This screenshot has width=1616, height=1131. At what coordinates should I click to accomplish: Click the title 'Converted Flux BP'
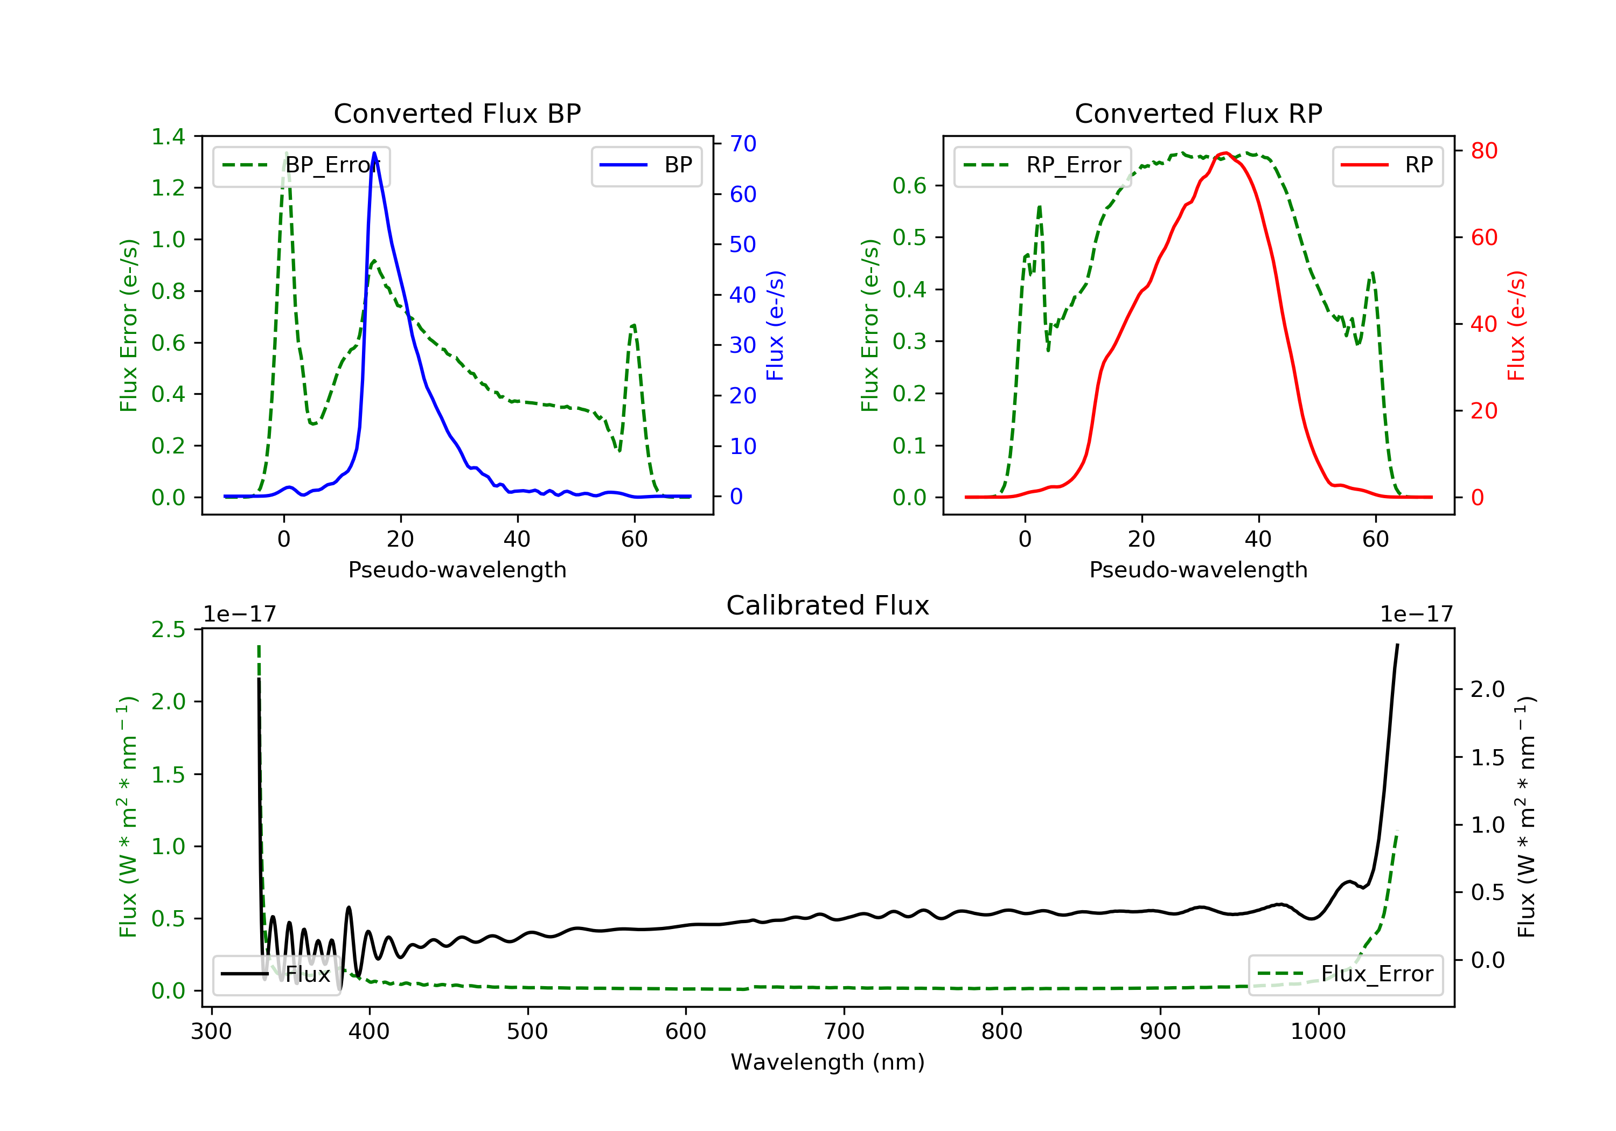457,113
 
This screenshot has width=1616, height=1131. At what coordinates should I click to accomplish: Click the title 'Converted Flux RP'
1198,113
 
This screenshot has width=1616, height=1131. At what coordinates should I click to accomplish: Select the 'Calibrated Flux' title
828,605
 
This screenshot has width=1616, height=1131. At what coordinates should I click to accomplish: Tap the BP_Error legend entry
301,165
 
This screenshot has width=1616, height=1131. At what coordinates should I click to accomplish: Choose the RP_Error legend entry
1042,165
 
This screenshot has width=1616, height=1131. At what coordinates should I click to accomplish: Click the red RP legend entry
1387,165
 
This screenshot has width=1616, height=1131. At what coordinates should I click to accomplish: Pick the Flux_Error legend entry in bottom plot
1345,974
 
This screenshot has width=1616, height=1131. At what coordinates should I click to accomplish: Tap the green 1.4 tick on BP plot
168,137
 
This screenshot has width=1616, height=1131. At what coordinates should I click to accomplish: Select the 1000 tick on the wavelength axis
1318,1032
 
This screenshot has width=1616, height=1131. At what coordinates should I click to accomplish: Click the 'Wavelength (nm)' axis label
828,1062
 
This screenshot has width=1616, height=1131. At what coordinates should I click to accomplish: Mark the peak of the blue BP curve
374,153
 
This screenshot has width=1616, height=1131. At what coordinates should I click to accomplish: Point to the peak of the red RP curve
1225,153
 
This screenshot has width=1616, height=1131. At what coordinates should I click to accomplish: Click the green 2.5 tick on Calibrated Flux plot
168,629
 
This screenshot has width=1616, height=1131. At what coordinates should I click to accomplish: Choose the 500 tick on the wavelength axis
527,1032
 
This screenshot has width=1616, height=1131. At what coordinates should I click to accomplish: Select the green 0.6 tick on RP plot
909,186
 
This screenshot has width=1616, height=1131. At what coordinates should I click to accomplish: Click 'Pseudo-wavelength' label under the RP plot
1198,569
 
